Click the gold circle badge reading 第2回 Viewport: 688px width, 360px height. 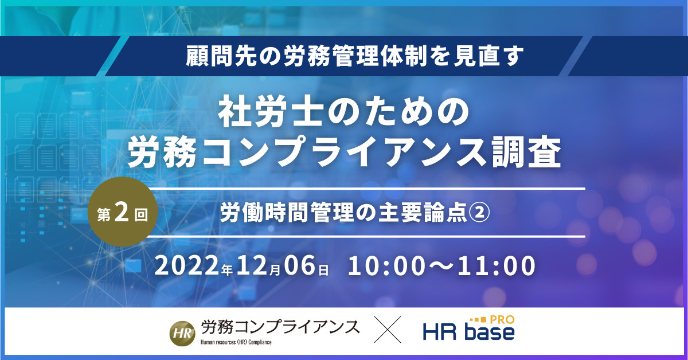(123, 212)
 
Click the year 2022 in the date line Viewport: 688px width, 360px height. (187, 265)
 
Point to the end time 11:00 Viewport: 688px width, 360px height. (496, 265)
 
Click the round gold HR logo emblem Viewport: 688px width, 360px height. (182, 333)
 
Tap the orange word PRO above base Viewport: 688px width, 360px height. (502, 320)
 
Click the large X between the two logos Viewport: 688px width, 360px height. (388, 329)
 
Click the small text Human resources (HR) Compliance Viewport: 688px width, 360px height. (236, 342)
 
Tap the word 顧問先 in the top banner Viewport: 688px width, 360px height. (221, 56)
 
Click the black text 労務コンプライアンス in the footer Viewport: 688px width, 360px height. (280, 327)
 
